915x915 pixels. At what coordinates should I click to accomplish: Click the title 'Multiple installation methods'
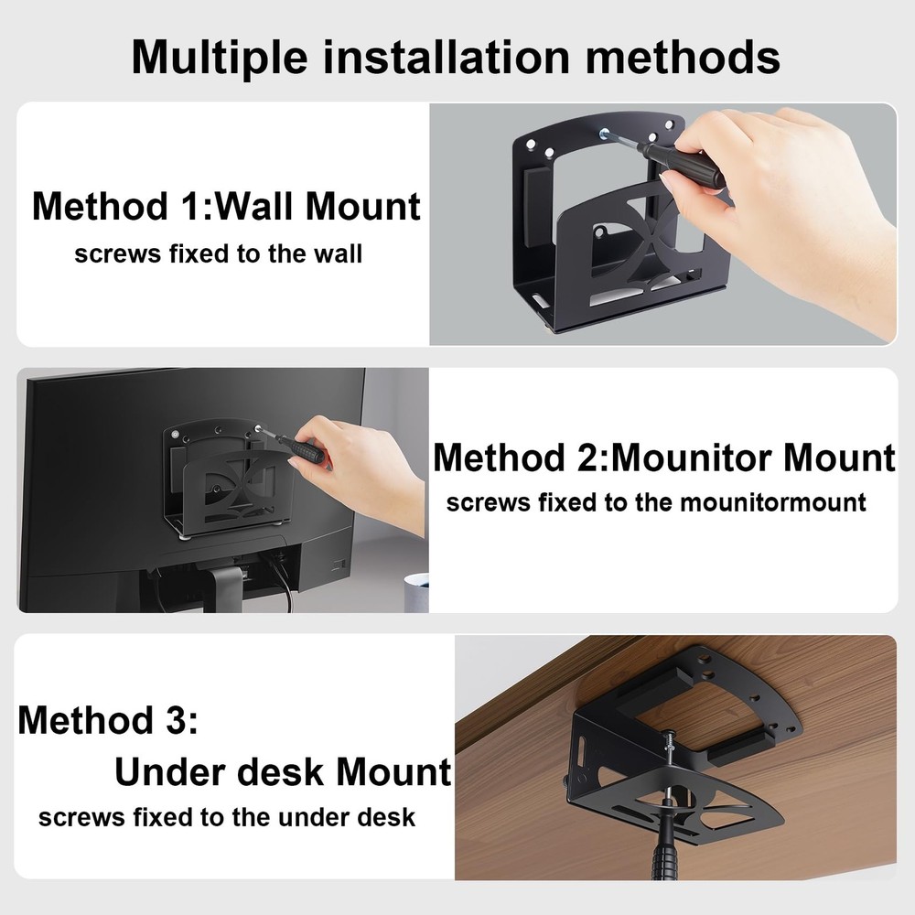click(456, 56)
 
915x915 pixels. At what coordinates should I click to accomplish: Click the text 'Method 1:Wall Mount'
click(226, 206)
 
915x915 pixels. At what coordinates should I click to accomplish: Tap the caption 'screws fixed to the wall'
click(218, 253)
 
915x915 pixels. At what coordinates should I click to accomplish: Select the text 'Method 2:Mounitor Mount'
click(663, 457)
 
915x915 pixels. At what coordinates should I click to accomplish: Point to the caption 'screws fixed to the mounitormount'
click(655, 502)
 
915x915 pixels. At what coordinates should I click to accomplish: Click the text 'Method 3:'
click(108, 720)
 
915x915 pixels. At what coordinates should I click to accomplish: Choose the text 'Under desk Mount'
click(283, 772)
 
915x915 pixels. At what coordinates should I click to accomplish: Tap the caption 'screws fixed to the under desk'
click(227, 816)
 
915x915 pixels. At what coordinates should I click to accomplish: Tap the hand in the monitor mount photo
click(361, 467)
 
